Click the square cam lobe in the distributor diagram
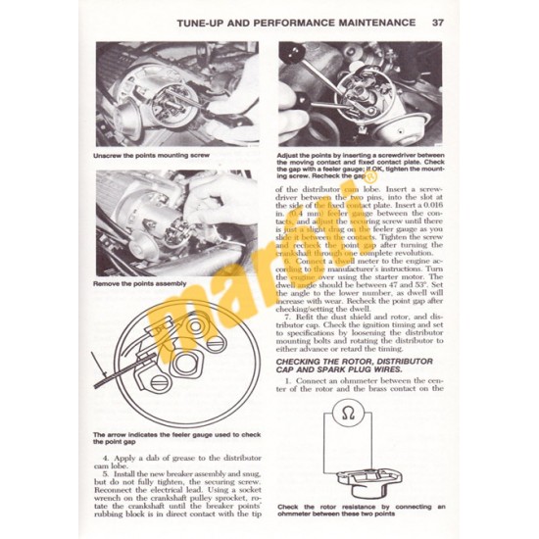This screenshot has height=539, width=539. [x=188, y=364]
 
